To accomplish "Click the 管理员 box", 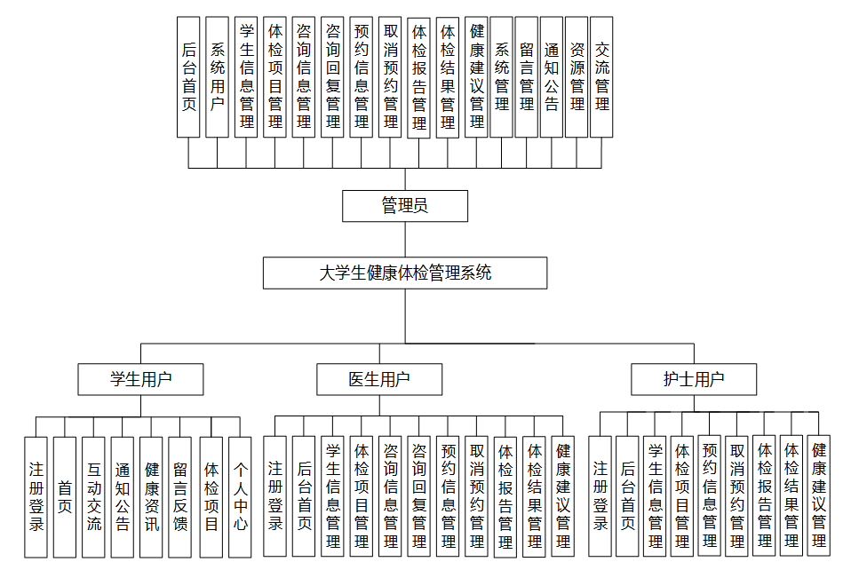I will pyautogui.click(x=405, y=206).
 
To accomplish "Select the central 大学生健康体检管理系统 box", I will pyautogui.click(x=405, y=273).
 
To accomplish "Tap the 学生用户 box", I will pyautogui.click(x=140, y=380).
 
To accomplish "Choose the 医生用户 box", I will pyautogui.click(x=379, y=380).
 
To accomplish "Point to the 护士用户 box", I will pyautogui.click(x=694, y=380).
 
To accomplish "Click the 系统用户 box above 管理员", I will pyautogui.click(x=217, y=76).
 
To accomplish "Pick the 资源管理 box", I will pyautogui.click(x=577, y=76).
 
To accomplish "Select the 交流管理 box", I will pyautogui.click(x=601, y=76).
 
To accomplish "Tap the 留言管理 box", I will pyautogui.click(x=526, y=76).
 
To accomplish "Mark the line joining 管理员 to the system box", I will pyautogui.click(x=405, y=240).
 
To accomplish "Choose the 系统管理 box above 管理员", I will pyautogui.click(x=501, y=76).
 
